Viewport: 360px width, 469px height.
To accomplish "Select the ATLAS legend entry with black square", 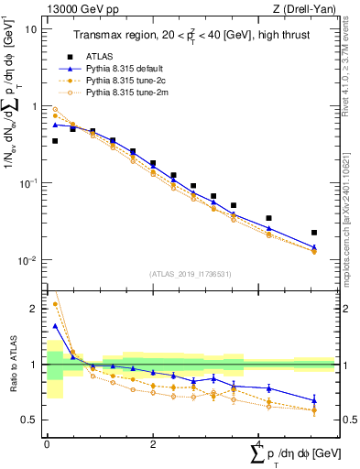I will pos(96,55).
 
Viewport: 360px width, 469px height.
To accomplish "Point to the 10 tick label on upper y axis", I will pos(31,29).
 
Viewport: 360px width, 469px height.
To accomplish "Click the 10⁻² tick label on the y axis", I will pos(27,260).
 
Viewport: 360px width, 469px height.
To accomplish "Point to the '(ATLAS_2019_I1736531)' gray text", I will pos(190,274).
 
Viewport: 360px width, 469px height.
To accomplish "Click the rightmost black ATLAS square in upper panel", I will pos(314,233).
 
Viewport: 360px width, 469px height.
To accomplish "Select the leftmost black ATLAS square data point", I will pos(55,141).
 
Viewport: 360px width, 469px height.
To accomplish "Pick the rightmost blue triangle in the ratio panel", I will pos(314,400).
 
